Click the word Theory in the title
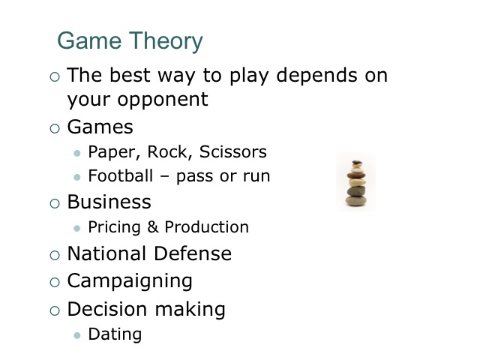[166, 41]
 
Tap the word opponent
[163, 100]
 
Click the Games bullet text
[100, 127]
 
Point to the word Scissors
[233, 151]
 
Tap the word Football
[121, 175]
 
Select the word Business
[109, 202]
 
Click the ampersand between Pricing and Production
[153, 226]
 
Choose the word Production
[207, 226]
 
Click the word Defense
[193, 253]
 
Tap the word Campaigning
[130, 281]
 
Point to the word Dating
[115, 334]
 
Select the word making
[190, 309]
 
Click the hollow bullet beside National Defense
[55, 255]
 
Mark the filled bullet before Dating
[77, 335]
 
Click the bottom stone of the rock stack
[355, 201]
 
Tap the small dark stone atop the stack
[357, 162]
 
